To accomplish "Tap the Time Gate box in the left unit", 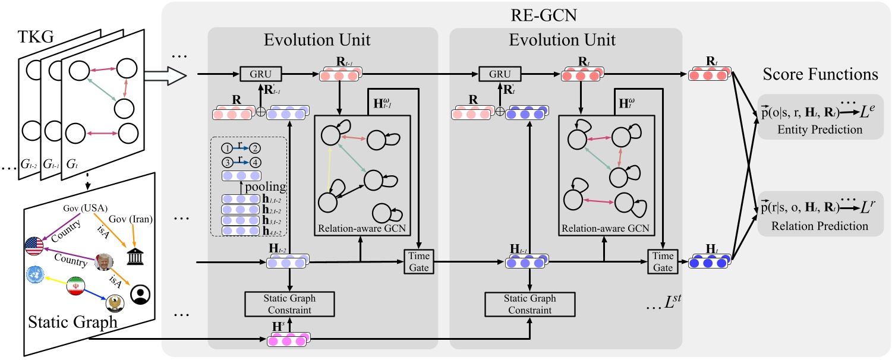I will point(418,261).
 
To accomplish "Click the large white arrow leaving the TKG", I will point(160,75).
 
